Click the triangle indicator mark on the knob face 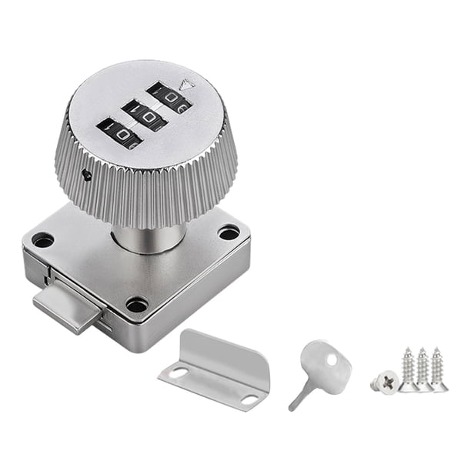click(x=185, y=85)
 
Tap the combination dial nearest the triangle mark click(x=169, y=97)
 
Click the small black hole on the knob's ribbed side click(x=87, y=175)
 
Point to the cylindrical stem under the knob click(x=149, y=239)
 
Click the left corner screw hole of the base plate click(x=43, y=240)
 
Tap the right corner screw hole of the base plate click(x=229, y=233)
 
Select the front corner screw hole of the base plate click(x=137, y=305)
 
